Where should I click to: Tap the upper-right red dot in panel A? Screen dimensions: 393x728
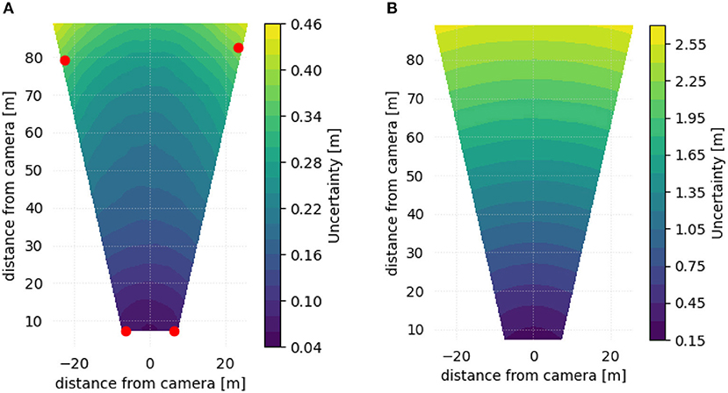coord(238,47)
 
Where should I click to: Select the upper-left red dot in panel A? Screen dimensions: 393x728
coord(64,61)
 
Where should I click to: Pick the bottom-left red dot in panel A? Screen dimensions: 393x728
coord(126,331)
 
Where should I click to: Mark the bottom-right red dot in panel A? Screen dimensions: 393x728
coord(174,331)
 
